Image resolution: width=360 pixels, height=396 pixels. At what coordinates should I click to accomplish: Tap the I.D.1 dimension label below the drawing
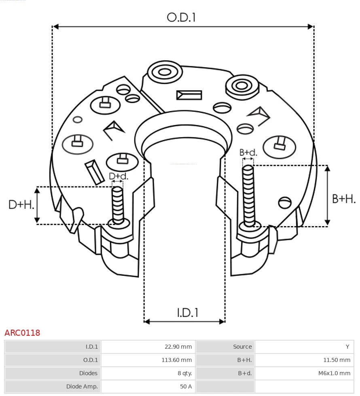pos(187,313)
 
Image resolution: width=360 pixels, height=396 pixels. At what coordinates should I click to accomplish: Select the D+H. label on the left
pos(21,205)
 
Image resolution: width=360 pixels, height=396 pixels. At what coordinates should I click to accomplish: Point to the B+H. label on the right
pos(344,199)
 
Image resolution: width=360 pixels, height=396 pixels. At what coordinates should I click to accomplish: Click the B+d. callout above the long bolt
pos(248,152)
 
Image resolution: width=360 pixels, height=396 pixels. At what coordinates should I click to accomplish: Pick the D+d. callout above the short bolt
pos(118,176)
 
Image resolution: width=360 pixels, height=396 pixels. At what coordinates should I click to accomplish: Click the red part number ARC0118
pos(22,333)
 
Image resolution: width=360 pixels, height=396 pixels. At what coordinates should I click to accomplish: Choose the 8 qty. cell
pos(184,373)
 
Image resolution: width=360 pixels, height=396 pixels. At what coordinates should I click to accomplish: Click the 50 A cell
pos(186,386)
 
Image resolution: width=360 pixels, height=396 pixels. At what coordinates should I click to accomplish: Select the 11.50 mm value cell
pos(337,360)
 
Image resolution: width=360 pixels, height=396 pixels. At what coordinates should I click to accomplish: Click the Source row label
pos(242,347)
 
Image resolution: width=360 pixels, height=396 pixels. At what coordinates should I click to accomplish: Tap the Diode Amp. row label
pos(82,386)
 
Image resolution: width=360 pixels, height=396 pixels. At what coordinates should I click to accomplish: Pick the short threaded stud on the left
pos(118,204)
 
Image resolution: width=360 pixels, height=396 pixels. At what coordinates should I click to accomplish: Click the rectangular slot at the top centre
pos(189,95)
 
